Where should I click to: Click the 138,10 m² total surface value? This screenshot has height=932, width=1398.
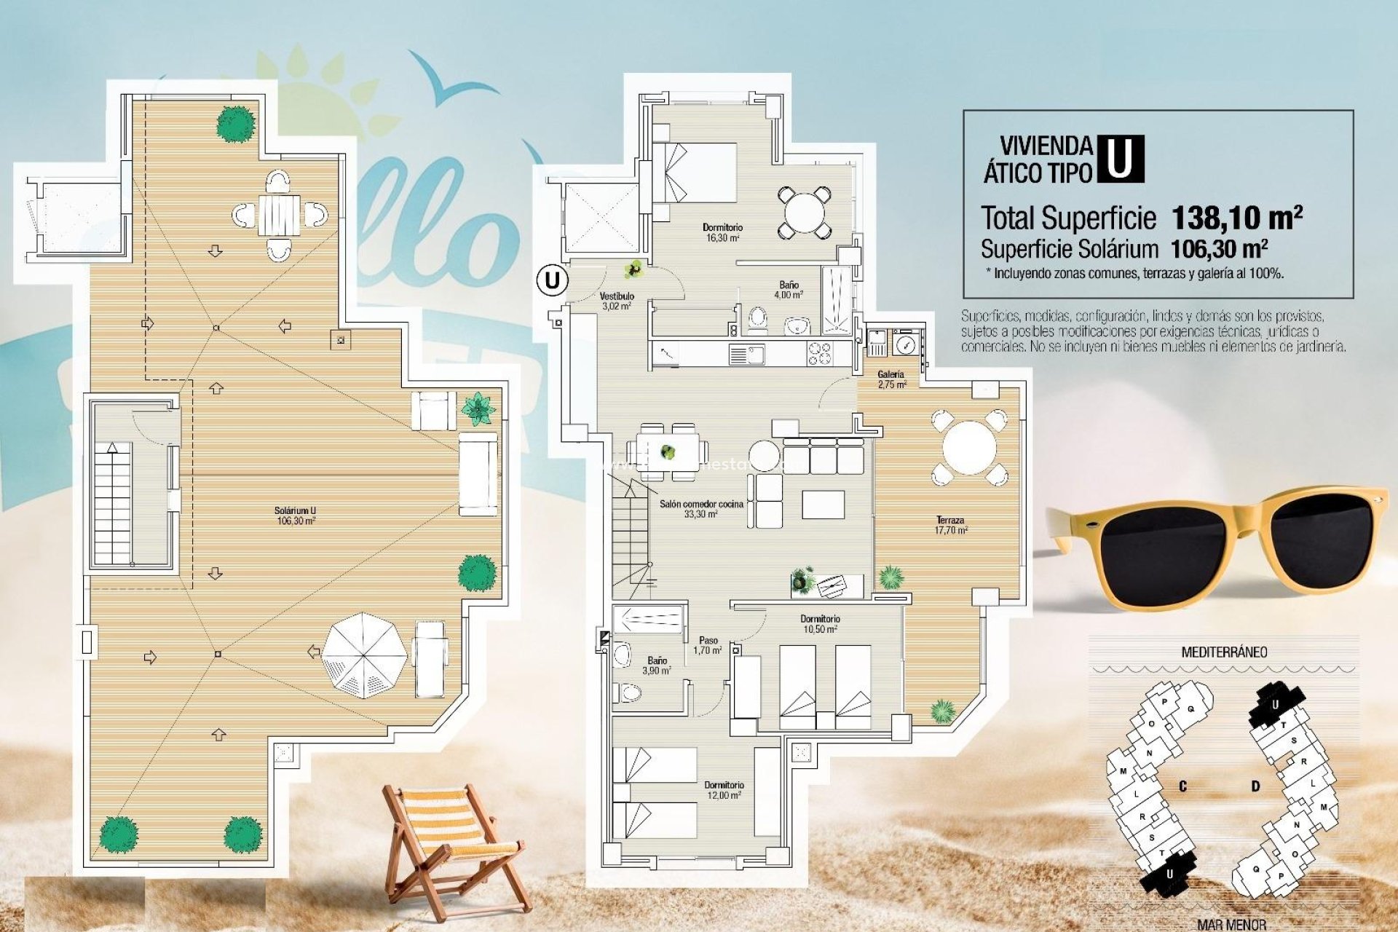click(1237, 217)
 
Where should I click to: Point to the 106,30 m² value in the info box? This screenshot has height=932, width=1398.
click(1219, 249)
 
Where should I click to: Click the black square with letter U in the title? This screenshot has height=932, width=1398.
click(1120, 159)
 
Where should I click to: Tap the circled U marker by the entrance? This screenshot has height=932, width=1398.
click(553, 280)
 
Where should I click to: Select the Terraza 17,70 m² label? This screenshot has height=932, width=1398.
click(951, 525)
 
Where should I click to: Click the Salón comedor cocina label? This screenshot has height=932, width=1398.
click(701, 508)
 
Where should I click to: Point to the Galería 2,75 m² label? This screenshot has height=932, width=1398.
click(891, 379)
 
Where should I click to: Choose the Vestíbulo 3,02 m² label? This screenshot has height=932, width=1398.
click(617, 301)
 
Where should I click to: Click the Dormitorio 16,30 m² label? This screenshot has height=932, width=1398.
click(722, 232)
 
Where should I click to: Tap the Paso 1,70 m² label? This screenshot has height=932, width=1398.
click(708, 645)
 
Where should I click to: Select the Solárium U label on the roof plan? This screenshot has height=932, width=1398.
click(295, 516)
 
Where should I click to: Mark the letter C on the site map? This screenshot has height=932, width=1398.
click(1183, 786)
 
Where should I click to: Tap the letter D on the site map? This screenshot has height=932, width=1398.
click(1255, 786)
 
